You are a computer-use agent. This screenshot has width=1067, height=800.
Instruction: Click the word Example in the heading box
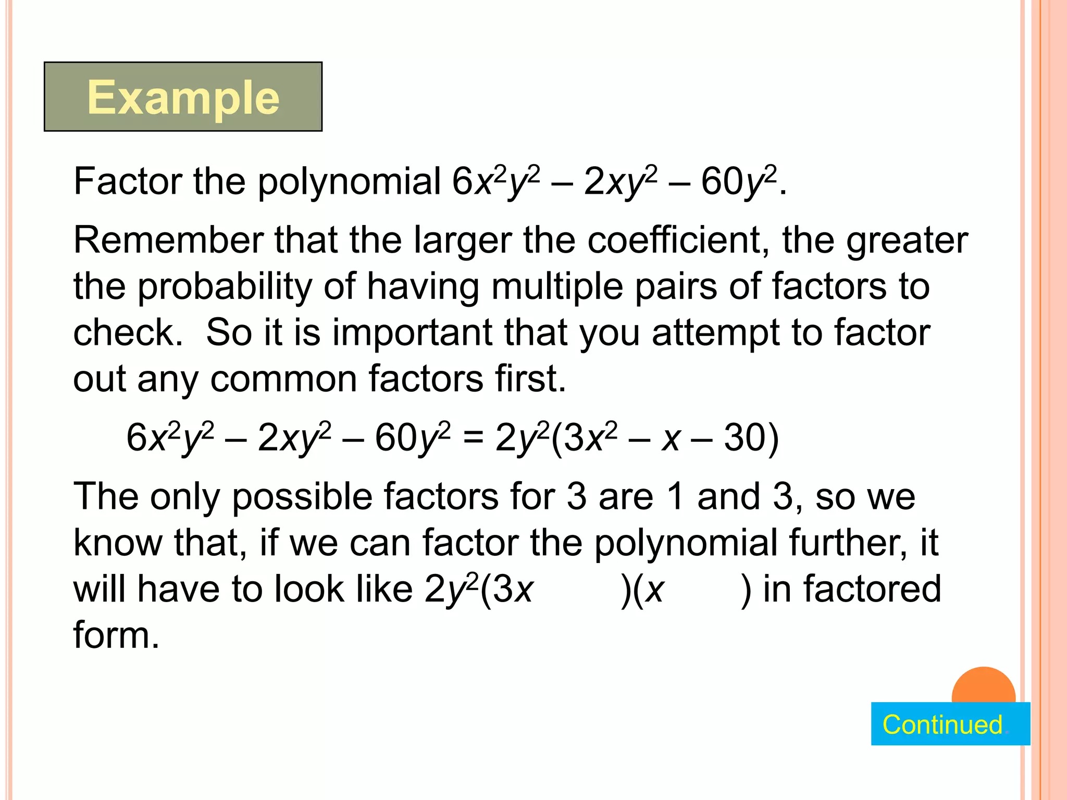tap(183, 97)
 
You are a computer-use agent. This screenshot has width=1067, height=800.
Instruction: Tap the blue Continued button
tap(950, 724)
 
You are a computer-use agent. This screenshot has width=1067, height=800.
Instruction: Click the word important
tap(412, 333)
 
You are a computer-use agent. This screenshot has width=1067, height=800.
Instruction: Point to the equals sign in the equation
tap(473, 438)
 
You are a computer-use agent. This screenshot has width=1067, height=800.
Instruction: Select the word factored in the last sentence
tap(872, 589)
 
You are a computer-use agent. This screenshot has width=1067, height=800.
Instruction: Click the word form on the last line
tap(116, 635)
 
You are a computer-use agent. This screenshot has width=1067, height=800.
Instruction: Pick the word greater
tap(907, 240)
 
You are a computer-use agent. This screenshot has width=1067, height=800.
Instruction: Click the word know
tap(118, 543)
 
